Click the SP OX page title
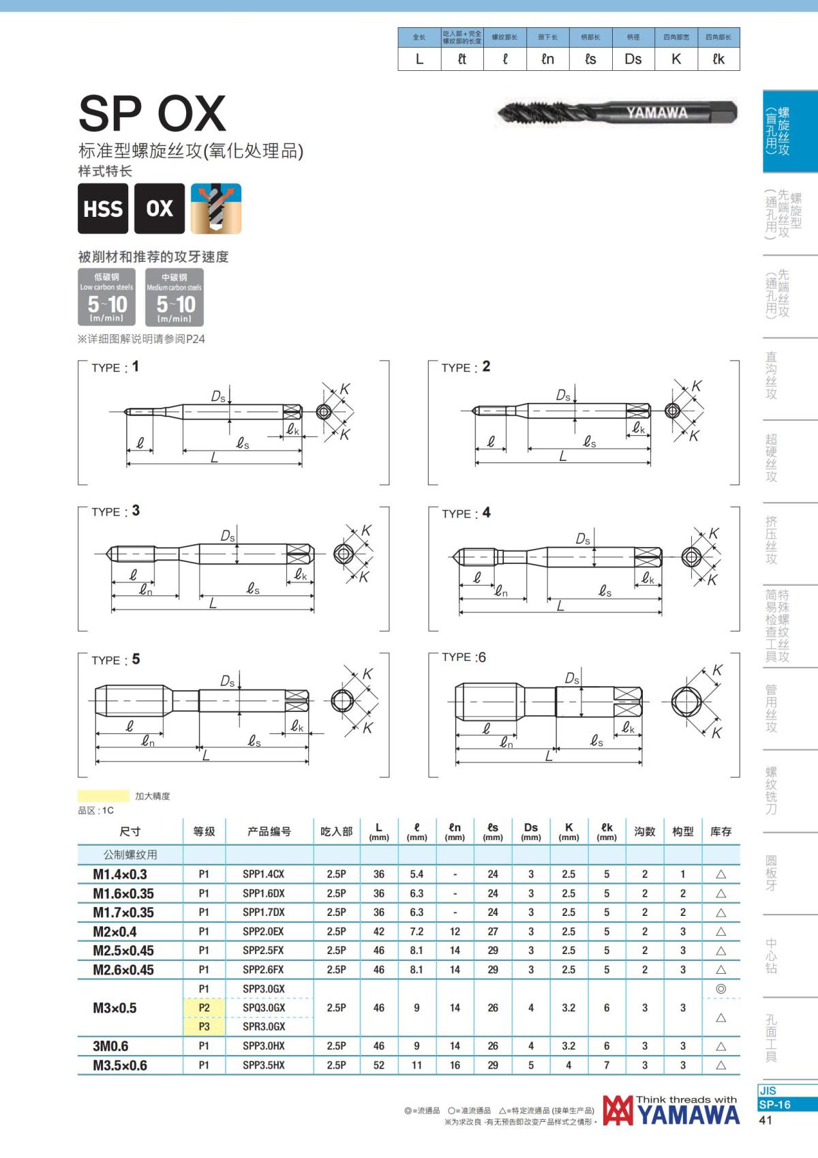pyautogui.click(x=152, y=113)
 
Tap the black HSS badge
pyautogui.click(x=103, y=209)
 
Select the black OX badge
pyautogui.click(x=160, y=209)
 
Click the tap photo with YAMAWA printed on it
pyautogui.click(x=618, y=112)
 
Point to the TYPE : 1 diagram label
pyautogui.click(x=115, y=367)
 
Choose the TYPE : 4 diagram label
pyautogui.click(x=466, y=513)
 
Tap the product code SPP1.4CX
pyautogui.click(x=263, y=874)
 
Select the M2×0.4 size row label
pyautogui.click(x=115, y=932)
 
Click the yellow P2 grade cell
pyautogui.click(x=204, y=1008)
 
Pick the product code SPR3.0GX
pyautogui.click(x=264, y=1027)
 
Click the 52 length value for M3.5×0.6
pyautogui.click(x=379, y=1065)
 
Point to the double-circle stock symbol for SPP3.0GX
pyautogui.click(x=721, y=989)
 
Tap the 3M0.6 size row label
pyautogui.click(x=110, y=1046)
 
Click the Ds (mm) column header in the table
pyautogui.click(x=531, y=831)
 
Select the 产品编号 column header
pyautogui.click(x=269, y=831)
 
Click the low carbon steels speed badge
pyautogui.click(x=107, y=297)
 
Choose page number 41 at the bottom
pyautogui.click(x=766, y=1120)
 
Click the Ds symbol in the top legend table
pyautogui.click(x=633, y=59)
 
